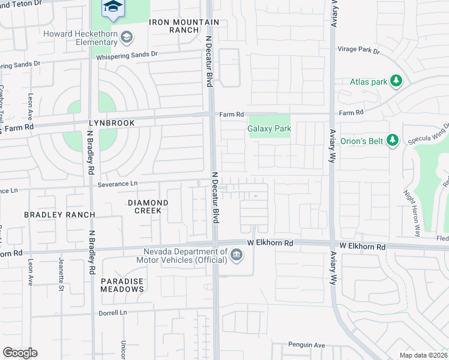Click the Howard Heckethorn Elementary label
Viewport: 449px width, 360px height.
coord(80,38)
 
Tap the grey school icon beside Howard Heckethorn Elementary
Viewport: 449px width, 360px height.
coord(126,38)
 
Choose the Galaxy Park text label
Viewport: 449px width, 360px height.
coord(269,128)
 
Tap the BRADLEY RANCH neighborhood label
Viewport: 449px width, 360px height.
coord(59,215)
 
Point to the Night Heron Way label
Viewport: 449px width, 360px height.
coord(412,205)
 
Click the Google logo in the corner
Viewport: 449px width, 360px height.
coord(20,353)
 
